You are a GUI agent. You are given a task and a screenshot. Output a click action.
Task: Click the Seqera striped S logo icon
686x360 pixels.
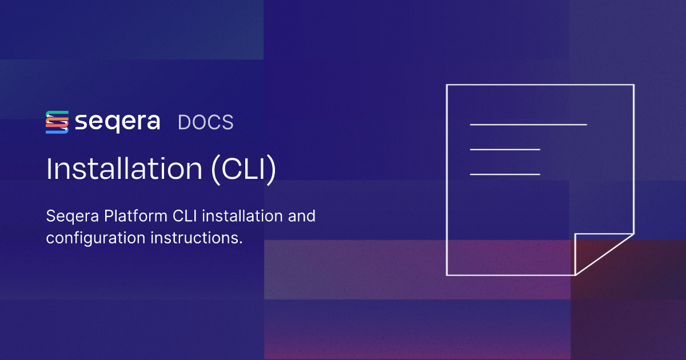tap(57, 122)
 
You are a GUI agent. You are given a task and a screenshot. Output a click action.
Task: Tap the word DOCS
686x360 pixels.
tap(205, 122)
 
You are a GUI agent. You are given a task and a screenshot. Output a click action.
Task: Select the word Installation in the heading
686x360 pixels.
tap(124, 169)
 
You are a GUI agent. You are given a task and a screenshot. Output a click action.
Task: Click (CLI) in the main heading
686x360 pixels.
tap(244, 169)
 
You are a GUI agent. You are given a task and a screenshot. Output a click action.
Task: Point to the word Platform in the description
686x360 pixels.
tap(135, 216)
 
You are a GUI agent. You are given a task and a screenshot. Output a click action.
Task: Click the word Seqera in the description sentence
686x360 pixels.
tap(73, 217)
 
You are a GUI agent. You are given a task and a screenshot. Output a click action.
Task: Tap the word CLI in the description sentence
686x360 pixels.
tap(185, 216)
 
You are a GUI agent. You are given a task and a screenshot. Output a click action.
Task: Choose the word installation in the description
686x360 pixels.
tap(242, 216)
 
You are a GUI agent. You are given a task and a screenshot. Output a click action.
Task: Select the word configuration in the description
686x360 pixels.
tap(96, 238)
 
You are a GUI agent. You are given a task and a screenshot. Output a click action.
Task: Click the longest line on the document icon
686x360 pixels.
tap(528, 125)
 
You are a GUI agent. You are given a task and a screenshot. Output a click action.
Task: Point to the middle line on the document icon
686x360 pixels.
tap(505, 149)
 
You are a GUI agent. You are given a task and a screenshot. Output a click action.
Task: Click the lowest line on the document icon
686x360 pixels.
tap(505, 174)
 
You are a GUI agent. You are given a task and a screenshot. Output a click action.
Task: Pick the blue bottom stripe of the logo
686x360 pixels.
tap(57, 131)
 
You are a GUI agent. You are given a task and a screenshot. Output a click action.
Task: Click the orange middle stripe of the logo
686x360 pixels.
tap(57, 122)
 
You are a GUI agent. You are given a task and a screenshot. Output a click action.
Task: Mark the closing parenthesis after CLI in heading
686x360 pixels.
tap(272, 170)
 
